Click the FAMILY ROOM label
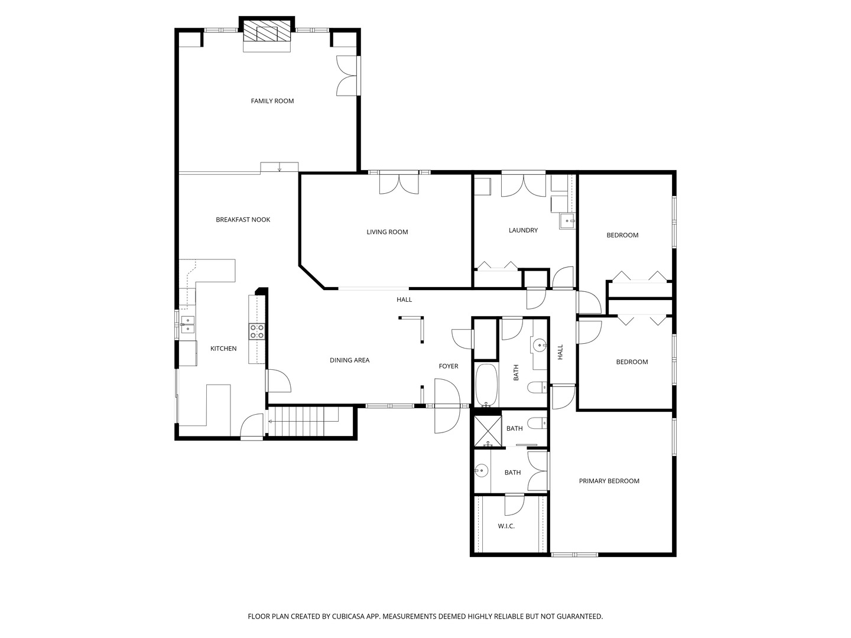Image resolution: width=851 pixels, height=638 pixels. (x=272, y=101)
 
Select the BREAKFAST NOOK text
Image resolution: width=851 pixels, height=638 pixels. (x=243, y=220)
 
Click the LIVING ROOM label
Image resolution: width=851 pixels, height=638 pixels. (x=387, y=232)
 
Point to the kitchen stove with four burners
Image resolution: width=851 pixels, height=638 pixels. (x=256, y=331)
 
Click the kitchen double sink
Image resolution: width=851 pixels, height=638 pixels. (x=187, y=325)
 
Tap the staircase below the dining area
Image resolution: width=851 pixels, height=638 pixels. (x=304, y=421)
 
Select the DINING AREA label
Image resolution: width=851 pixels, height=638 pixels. (x=349, y=360)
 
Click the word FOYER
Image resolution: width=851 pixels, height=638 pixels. (x=448, y=366)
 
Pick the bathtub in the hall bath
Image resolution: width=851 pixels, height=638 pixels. (x=486, y=385)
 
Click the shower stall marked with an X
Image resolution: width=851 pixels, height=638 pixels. (x=488, y=430)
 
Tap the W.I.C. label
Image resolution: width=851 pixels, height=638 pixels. (x=506, y=526)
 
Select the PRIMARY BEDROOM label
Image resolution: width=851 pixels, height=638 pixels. (x=609, y=481)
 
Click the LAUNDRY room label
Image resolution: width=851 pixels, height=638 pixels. (x=523, y=230)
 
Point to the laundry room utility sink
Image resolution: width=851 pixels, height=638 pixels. (x=566, y=221)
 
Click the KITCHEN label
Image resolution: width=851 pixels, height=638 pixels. (x=223, y=349)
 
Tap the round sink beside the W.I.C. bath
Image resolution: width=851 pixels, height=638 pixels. (x=480, y=471)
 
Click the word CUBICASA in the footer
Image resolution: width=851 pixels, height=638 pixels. (x=348, y=616)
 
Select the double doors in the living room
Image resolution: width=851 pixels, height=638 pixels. (x=398, y=184)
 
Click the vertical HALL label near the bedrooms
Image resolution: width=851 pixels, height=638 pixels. (x=560, y=352)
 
